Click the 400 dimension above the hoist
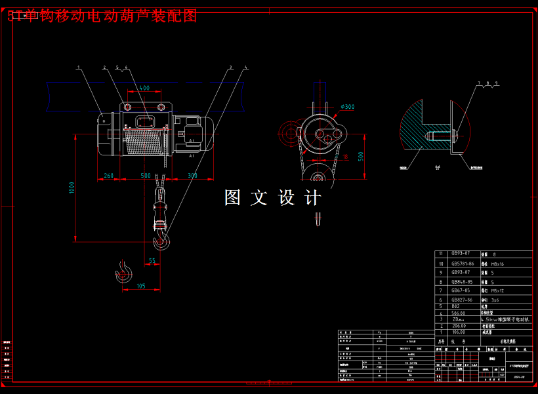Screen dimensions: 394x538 pos(144,87)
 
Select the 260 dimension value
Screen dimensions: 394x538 pos(108,175)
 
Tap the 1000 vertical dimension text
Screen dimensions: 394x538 pos(72,187)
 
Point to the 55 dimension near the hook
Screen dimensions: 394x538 pos(152,260)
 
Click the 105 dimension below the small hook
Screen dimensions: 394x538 pos(140,286)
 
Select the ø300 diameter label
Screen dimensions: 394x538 pos(348,107)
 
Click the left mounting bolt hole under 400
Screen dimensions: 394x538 pos(127,107)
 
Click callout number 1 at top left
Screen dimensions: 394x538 pos(77,67)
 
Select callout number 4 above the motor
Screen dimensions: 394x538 pos(245,67)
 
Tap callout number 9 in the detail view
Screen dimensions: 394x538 pos(497,83)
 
